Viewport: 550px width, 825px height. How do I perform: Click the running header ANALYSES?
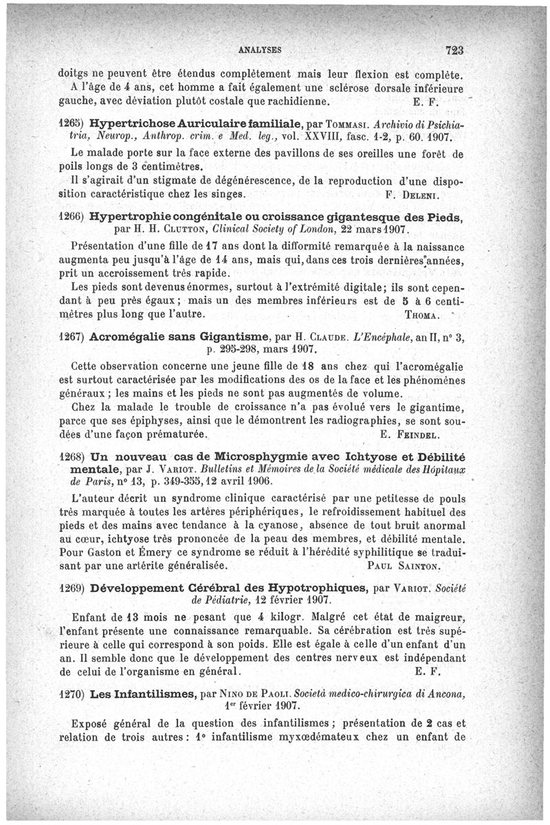click(x=259, y=50)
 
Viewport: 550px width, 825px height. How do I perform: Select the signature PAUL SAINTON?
click(x=399, y=566)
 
